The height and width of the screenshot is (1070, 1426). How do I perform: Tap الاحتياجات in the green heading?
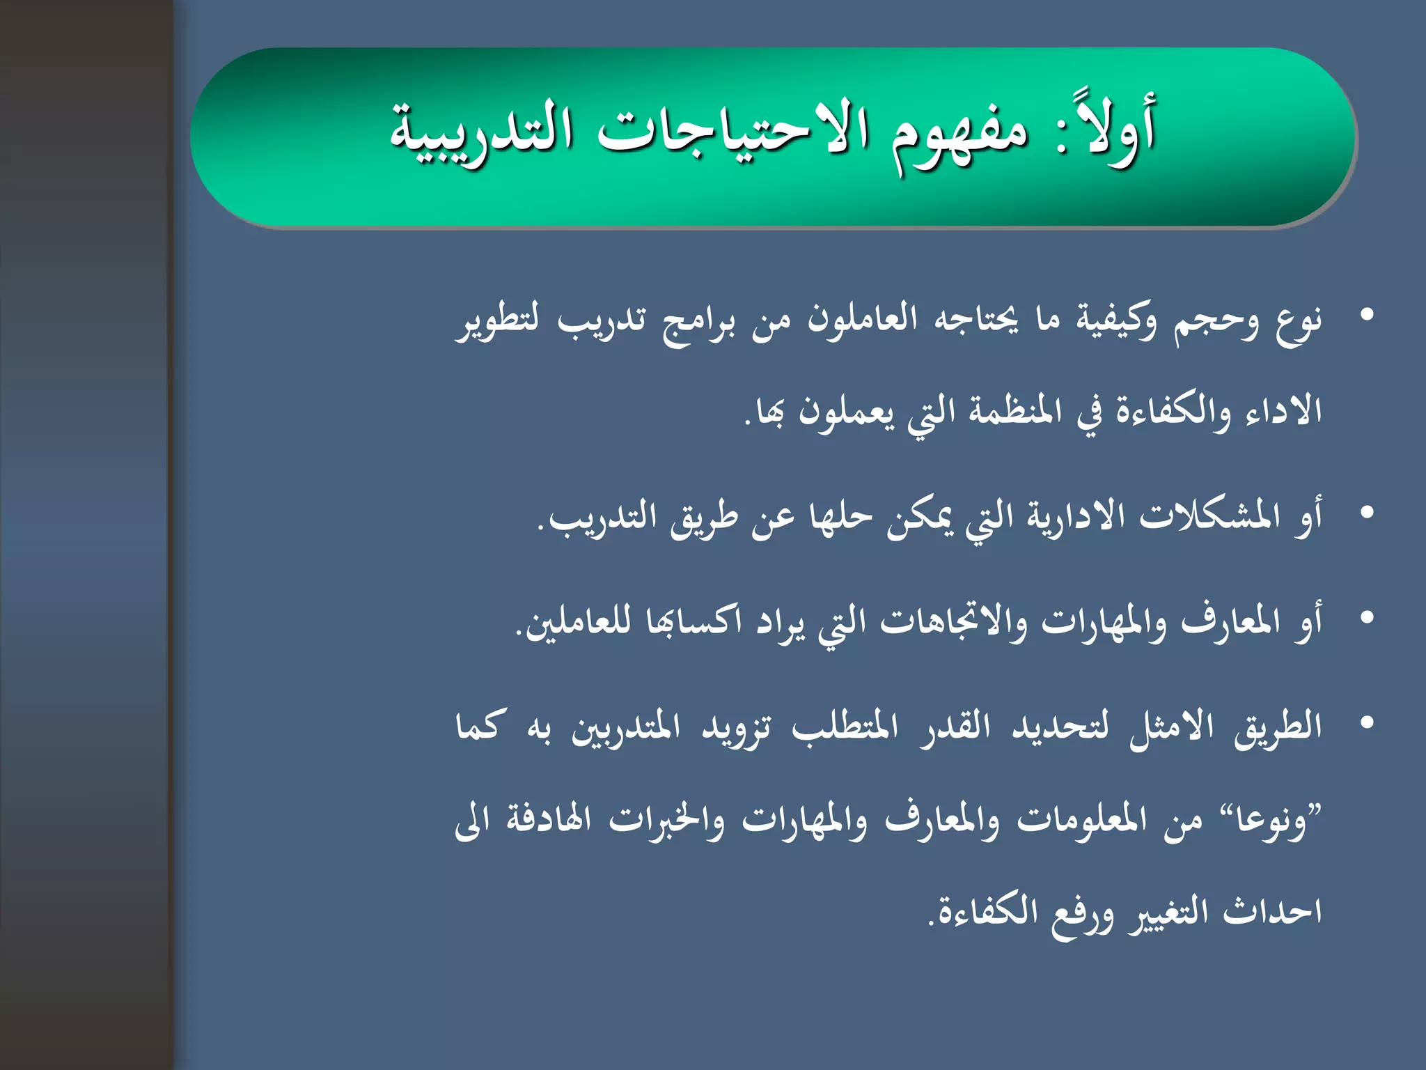pyautogui.click(x=732, y=132)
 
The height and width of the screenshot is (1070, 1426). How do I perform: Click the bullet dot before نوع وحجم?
pyautogui.click(x=1367, y=316)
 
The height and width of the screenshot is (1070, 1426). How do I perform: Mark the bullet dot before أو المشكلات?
pyautogui.click(x=1367, y=513)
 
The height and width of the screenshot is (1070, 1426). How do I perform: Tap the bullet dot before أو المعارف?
pyautogui.click(x=1367, y=618)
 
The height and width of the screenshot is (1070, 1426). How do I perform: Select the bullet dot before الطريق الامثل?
pyautogui.click(x=1367, y=723)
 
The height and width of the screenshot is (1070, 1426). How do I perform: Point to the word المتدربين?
pyautogui.click(x=625, y=728)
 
